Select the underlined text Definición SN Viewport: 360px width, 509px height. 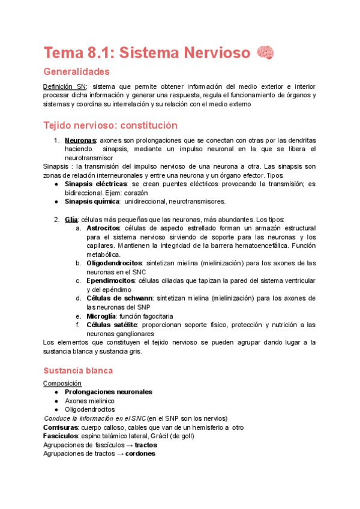65,86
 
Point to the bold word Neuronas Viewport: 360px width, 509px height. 80,140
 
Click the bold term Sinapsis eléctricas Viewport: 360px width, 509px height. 95,184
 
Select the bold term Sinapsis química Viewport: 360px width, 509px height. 92,202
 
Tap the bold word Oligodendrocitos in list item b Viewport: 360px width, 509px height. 115,263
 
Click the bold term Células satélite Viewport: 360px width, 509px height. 112,325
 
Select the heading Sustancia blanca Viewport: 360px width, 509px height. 78,371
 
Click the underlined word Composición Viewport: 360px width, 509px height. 62,383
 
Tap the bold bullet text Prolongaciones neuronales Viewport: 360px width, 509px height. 108,392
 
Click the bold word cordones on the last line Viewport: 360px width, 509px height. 137,454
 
